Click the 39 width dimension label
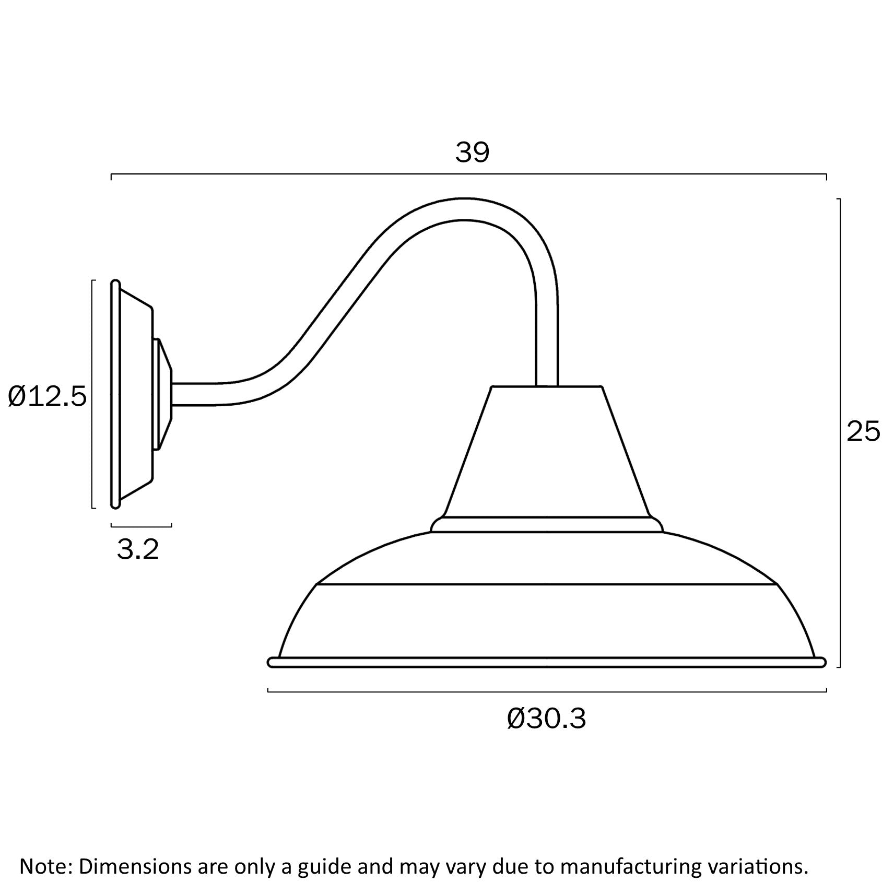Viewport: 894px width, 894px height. [x=472, y=153]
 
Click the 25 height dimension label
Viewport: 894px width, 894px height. [x=863, y=432]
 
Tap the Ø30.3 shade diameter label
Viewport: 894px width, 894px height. [x=546, y=719]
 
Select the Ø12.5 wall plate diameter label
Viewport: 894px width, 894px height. [x=47, y=397]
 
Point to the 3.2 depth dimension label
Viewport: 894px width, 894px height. [x=137, y=549]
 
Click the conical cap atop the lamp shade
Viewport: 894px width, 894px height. [x=547, y=452]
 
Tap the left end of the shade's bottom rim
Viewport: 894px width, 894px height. [x=272, y=663]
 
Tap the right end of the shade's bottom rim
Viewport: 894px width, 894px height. [x=822, y=663]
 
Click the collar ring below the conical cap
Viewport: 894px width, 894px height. [x=547, y=524]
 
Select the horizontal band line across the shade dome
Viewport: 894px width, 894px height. [x=547, y=584]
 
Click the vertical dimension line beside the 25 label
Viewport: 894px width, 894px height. [x=839, y=433]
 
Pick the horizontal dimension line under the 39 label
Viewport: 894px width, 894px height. [x=468, y=174]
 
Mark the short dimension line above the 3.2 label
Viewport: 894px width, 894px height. [x=141, y=525]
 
